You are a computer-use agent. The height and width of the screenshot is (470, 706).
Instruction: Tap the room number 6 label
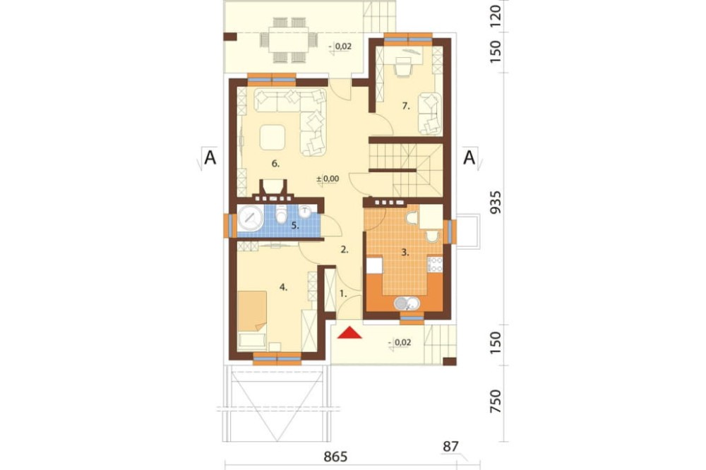coord(275,164)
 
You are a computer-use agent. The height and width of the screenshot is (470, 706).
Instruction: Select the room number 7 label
coord(406,107)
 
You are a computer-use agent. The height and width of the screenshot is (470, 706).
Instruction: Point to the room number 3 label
coord(405,253)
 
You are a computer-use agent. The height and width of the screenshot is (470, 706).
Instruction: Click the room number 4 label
coord(283,287)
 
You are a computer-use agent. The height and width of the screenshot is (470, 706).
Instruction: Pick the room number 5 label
coord(295,226)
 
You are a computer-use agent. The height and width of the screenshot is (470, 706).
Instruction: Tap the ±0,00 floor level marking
coord(328,179)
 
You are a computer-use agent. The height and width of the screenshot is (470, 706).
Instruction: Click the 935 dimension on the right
coord(496,203)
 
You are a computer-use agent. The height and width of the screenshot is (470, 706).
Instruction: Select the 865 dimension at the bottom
coord(336,457)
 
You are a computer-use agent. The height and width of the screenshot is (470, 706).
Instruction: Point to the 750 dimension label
coord(496,402)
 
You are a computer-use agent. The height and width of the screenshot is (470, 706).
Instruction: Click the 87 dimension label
coord(450,447)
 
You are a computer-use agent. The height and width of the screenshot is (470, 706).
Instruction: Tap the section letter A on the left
coord(210,158)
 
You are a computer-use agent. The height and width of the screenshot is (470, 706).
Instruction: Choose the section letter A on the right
coord(469,158)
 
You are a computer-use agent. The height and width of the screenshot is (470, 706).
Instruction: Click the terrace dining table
coord(289,40)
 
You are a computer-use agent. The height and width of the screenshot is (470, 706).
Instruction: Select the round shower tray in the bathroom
coord(251,218)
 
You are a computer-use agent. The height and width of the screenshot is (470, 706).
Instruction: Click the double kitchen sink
coord(407,303)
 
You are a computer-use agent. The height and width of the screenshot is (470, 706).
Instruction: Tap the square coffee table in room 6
coord(273,138)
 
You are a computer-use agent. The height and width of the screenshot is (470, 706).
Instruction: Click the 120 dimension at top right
coord(496,16)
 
